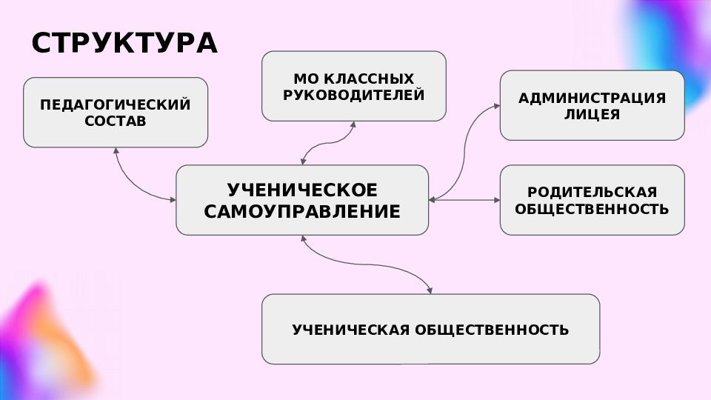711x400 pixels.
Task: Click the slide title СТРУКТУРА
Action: [x=124, y=43]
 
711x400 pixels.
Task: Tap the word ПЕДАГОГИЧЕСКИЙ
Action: [x=116, y=104]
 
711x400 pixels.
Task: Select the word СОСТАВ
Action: [x=116, y=121]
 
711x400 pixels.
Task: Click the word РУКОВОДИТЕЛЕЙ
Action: [x=354, y=95]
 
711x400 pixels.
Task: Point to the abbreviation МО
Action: [x=304, y=79]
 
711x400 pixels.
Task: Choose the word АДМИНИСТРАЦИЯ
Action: [x=592, y=98]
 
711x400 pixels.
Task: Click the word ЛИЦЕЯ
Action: [x=592, y=114]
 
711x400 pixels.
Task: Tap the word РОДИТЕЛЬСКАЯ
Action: [x=592, y=192]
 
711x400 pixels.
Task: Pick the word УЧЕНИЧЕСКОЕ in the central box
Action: [x=302, y=190]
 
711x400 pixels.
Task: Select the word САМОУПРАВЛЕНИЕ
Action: [x=302, y=211]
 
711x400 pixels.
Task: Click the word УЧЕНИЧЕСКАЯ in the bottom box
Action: [x=351, y=329]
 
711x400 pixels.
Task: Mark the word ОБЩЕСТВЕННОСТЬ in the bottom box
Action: [x=492, y=329]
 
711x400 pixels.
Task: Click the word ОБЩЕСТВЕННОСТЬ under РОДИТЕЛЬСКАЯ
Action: [x=592, y=209]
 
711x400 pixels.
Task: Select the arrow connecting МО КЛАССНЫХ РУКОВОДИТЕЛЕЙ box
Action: [x=328, y=143]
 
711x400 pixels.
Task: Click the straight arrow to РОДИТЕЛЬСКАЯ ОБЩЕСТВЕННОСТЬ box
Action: [x=464, y=199]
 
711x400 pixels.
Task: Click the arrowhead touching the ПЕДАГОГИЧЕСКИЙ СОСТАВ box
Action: [x=116, y=150]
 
